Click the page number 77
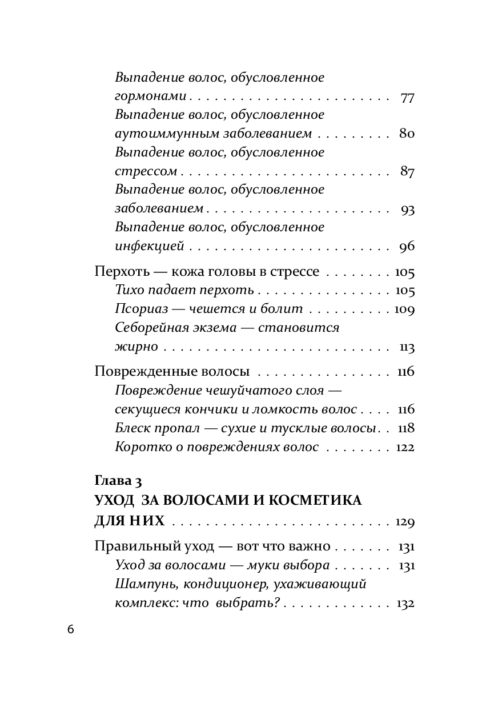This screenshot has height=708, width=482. click(x=407, y=97)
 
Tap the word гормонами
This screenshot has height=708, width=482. click(x=152, y=97)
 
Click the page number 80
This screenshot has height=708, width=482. click(x=407, y=135)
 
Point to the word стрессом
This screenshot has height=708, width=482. click(x=146, y=172)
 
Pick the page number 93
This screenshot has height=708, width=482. click(x=407, y=210)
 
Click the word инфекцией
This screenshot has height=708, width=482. click(x=149, y=247)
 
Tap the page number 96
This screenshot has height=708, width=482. click(x=407, y=247)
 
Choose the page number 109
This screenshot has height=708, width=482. click(x=404, y=310)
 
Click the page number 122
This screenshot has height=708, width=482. click(x=404, y=447)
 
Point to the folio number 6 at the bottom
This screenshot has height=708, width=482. click(x=70, y=630)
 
